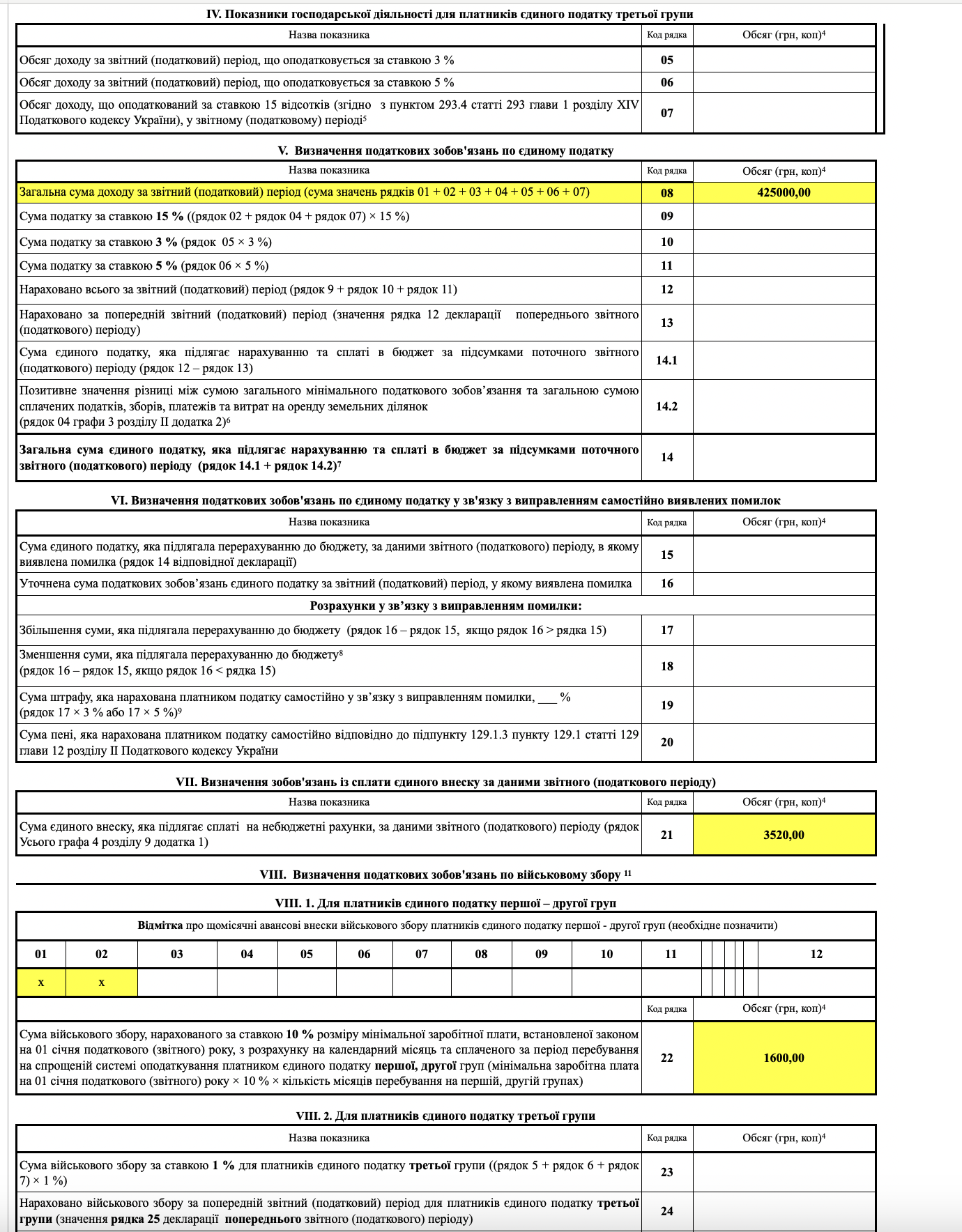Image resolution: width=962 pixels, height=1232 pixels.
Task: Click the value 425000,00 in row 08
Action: tap(784, 193)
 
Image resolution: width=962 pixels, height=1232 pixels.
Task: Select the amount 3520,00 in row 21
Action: tap(784, 835)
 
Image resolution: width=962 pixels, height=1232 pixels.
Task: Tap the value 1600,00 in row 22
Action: tap(784, 1058)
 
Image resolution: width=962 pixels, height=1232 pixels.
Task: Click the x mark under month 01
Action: tap(41, 983)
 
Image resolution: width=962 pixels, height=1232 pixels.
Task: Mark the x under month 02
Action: tap(102, 983)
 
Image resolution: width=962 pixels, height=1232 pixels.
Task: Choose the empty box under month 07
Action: tap(422, 983)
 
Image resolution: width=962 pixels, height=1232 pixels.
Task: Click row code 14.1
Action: tap(666, 360)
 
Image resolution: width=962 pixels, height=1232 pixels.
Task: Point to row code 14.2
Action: tap(666, 406)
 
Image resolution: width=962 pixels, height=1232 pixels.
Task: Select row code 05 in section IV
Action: tap(667, 60)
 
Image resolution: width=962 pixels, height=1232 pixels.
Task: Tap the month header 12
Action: tap(816, 954)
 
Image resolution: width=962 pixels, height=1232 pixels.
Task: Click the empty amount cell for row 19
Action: tap(784, 705)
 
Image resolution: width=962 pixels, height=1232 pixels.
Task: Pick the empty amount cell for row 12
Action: tap(784, 290)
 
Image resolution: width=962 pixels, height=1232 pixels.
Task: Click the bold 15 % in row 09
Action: tap(169, 216)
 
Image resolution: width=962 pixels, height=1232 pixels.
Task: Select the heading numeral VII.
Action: tap(186, 782)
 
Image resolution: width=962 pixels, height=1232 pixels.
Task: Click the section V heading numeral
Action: tap(282, 151)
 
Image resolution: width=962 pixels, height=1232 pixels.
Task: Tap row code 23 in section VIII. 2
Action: tap(667, 1172)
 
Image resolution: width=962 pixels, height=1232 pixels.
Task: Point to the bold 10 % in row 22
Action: tap(300, 1034)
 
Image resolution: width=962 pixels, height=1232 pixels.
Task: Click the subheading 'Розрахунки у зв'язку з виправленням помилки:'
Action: tap(445, 606)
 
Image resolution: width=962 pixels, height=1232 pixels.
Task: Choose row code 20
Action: tap(667, 742)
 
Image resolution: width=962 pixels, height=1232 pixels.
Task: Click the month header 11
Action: tap(671, 954)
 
